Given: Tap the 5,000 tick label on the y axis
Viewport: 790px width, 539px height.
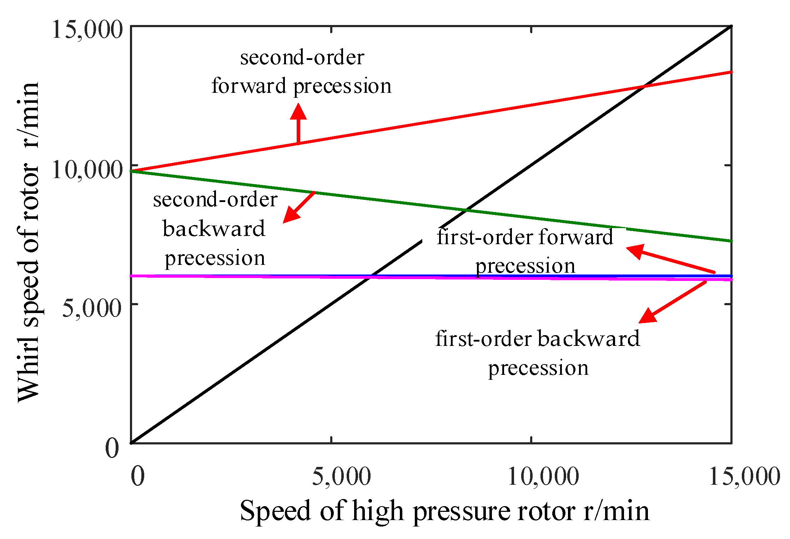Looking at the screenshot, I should tap(92, 308).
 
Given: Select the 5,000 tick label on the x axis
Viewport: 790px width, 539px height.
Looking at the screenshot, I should tap(341, 477).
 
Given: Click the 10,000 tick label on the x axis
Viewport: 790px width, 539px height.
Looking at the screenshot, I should tap(543, 477).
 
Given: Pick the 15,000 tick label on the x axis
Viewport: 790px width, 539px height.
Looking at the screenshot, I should tap(744, 477).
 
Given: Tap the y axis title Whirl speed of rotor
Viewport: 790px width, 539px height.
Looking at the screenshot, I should tap(29, 243).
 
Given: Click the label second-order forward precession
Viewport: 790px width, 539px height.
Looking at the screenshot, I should tap(302, 72).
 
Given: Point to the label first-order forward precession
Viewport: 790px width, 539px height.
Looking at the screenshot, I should tap(525, 251).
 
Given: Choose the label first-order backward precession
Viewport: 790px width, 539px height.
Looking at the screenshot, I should tap(538, 353).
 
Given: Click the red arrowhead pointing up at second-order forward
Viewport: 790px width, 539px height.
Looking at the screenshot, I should tap(298, 111).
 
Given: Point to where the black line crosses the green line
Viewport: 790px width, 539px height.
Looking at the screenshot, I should tap(466, 210).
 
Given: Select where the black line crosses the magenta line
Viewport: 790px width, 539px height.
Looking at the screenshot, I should tap(371, 276).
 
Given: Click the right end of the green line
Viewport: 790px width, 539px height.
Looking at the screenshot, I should tap(731, 241).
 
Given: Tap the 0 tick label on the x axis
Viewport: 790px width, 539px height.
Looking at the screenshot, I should tap(138, 477).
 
